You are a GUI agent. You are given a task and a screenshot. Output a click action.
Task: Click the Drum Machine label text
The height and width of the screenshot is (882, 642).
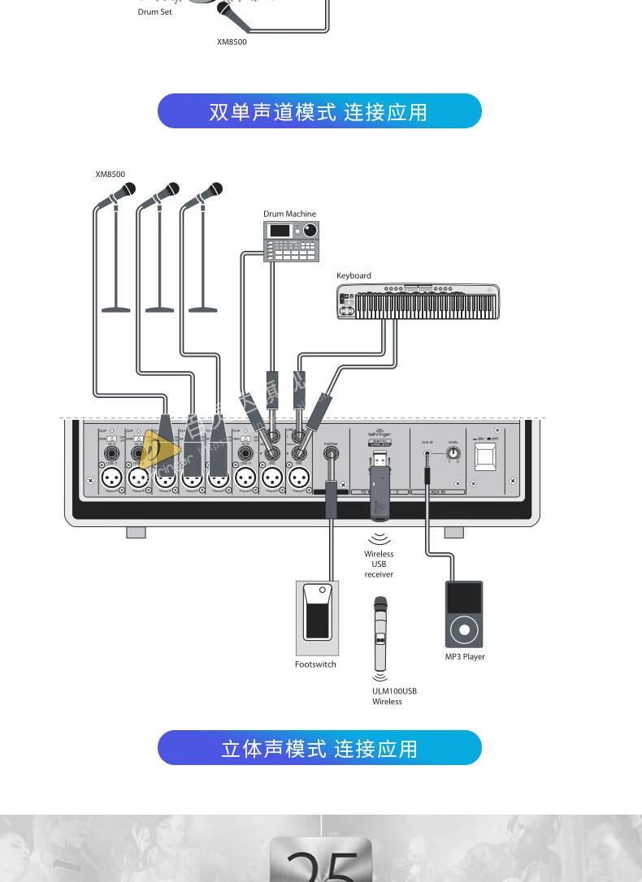point(289,214)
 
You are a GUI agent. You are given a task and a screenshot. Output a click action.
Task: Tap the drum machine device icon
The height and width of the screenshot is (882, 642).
point(291,240)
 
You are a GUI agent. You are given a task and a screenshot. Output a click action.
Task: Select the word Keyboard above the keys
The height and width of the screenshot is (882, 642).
point(354,275)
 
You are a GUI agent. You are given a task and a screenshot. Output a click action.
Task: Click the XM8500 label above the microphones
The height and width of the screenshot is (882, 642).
point(110,174)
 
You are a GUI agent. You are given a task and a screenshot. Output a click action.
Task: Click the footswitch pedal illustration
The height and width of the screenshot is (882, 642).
point(317,618)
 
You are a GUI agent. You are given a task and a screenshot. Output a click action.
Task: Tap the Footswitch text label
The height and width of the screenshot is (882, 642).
point(315,664)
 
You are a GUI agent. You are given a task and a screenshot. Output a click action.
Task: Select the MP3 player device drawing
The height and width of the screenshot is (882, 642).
point(464,615)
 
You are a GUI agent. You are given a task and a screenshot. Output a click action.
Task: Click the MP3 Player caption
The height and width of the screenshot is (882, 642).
point(465,657)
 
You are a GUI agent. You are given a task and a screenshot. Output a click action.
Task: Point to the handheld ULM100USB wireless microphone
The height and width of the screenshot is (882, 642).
point(380,633)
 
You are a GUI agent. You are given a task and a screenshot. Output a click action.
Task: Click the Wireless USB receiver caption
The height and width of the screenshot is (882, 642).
point(379,564)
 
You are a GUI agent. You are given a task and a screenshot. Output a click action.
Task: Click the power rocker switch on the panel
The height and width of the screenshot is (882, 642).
point(486,457)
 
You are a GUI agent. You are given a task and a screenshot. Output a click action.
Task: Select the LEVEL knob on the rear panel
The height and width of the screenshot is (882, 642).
point(453,456)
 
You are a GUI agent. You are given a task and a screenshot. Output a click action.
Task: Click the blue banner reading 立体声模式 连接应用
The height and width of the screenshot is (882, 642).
point(319,748)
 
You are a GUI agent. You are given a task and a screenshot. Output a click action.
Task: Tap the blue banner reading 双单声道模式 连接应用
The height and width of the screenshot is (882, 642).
point(319,111)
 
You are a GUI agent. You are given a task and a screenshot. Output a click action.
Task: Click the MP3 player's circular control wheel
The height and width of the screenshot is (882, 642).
point(464,629)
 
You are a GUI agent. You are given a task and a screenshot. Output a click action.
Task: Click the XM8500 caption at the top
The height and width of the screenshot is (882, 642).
point(232,42)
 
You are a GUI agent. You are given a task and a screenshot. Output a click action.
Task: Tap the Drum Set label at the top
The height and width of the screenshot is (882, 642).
point(154,12)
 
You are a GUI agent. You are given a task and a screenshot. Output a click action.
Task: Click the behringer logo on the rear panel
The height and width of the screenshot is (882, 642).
point(380,435)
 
